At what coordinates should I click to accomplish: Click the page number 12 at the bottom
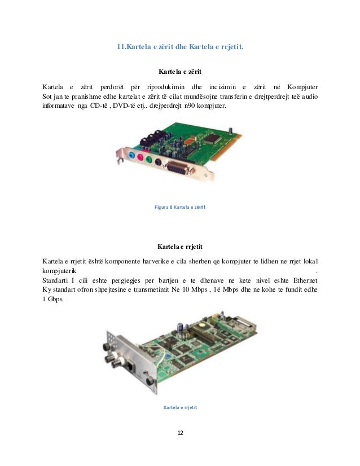[x=180, y=433]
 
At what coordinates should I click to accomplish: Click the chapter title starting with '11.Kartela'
[x=179, y=47]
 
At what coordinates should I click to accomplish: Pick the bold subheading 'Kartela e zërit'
[x=180, y=72]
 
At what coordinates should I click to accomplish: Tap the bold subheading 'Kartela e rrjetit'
[x=180, y=247]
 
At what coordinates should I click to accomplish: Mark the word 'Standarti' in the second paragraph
[x=56, y=280]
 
